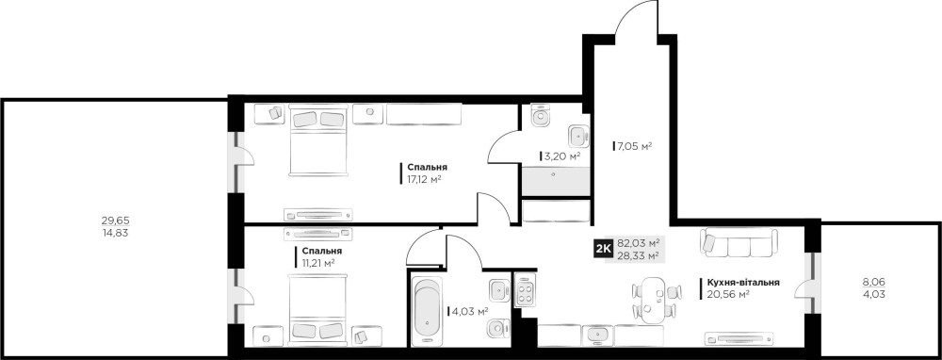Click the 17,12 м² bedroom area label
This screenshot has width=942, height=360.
click(x=424, y=179)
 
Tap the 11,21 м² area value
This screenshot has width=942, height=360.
click(x=318, y=262)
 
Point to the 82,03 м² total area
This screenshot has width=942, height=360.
click(x=639, y=243)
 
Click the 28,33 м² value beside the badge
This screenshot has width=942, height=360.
click(x=639, y=255)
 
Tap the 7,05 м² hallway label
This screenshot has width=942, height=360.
click(x=634, y=145)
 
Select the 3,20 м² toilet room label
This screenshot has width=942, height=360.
click(x=561, y=156)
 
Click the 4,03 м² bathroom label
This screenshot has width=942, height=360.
click(x=470, y=311)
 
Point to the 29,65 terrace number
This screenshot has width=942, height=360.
click(x=115, y=220)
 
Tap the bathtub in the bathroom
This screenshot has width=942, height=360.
click(x=426, y=310)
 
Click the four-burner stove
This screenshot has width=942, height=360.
click(x=525, y=290)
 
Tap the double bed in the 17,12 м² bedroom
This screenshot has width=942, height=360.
click(x=318, y=140)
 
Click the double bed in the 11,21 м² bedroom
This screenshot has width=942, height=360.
click(x=318, y=310)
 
